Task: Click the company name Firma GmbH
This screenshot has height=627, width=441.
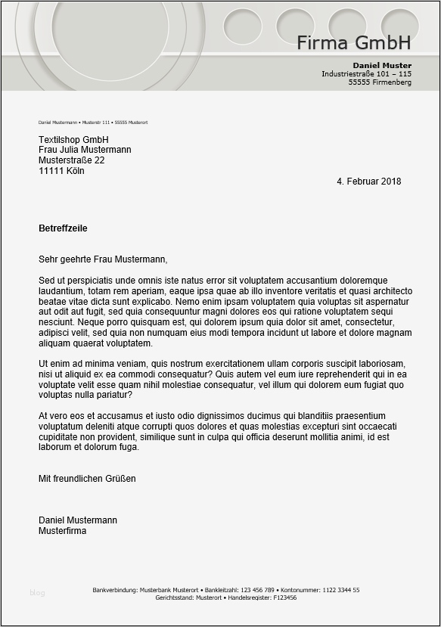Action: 353,42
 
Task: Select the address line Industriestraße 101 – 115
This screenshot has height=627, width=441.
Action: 366,74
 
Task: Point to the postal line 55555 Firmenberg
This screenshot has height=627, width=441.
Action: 380,82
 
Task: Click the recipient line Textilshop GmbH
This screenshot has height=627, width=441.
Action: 73,140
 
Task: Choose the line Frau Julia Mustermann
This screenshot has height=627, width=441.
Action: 85,150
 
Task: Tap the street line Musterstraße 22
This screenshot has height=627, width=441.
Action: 71,160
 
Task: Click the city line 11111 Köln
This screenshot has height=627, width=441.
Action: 61,171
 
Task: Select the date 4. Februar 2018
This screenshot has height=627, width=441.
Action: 368,182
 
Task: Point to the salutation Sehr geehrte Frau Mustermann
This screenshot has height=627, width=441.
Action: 102,259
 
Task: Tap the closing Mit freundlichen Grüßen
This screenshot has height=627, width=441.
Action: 87,479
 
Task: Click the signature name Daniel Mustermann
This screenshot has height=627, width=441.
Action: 78,520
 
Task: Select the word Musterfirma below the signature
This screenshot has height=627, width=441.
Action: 63,531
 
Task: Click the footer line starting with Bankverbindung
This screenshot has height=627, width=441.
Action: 225,590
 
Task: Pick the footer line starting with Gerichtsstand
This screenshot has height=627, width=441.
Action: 225,598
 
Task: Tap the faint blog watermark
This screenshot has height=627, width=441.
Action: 37,593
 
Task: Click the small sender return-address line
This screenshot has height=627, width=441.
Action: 92,123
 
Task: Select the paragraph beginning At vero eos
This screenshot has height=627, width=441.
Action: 218,432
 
